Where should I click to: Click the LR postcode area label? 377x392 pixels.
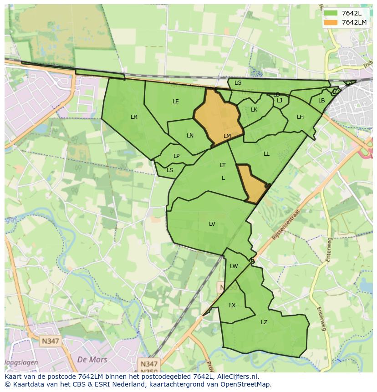tap(134, 117)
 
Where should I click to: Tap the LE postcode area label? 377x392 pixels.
tap(176, 102)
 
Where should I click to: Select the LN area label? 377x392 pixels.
tap(190, 136)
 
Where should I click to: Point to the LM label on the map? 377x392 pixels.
tap(227, 136)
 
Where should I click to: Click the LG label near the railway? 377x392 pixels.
tap(238, 83)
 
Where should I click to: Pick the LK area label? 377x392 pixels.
tap(254, 110)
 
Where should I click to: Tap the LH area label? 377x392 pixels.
tap(300, 117)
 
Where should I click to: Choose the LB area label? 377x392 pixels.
tap(321, 101)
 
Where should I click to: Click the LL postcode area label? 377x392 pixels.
tap(266, 154)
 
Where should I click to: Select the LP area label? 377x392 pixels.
tap(176, 156)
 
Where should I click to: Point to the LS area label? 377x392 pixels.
tap(170, 170)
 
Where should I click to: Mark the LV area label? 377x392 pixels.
tap(212, 224)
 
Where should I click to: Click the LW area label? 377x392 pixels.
tap(234, 266)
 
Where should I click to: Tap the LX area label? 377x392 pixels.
tap(232, 305)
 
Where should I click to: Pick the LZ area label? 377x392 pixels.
tap(264, 322)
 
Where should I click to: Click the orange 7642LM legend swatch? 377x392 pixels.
tap(331, 22)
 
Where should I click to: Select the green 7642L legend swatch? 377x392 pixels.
tap(331, 13)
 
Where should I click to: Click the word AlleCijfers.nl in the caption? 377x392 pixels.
tap(237, 377)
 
